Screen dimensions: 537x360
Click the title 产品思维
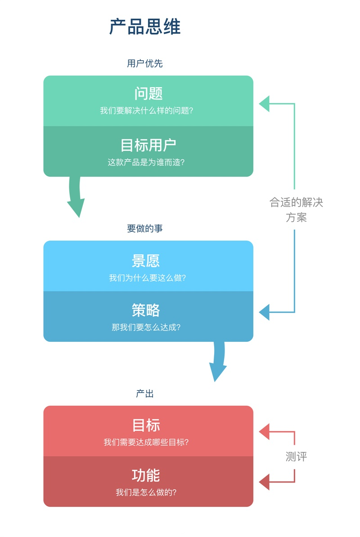pos(145,27)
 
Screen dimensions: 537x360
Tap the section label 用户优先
pos(145,63)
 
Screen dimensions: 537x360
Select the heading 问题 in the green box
pos(148,93)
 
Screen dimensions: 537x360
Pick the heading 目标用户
pos(148,145)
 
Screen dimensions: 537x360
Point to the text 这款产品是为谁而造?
pos(146,162)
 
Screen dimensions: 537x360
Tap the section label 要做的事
pos(145,228)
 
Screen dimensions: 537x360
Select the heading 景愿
pos(146,261)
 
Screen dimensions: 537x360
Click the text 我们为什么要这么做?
pos(147,278)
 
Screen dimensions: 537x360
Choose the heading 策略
pos(146,310)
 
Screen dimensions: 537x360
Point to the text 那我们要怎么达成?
pos(146,327)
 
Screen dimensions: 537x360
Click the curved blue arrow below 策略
pos(218,362)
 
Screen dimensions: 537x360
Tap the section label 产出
pos(145,394)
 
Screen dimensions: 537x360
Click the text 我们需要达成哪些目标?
pos(146,443)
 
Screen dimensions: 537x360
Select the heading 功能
pos(146,475)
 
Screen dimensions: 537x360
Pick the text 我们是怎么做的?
pos(146,492)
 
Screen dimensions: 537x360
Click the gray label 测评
pos(296,457)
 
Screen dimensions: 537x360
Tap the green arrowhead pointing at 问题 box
pos(264,104)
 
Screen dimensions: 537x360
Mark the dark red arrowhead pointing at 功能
pos(264,482)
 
